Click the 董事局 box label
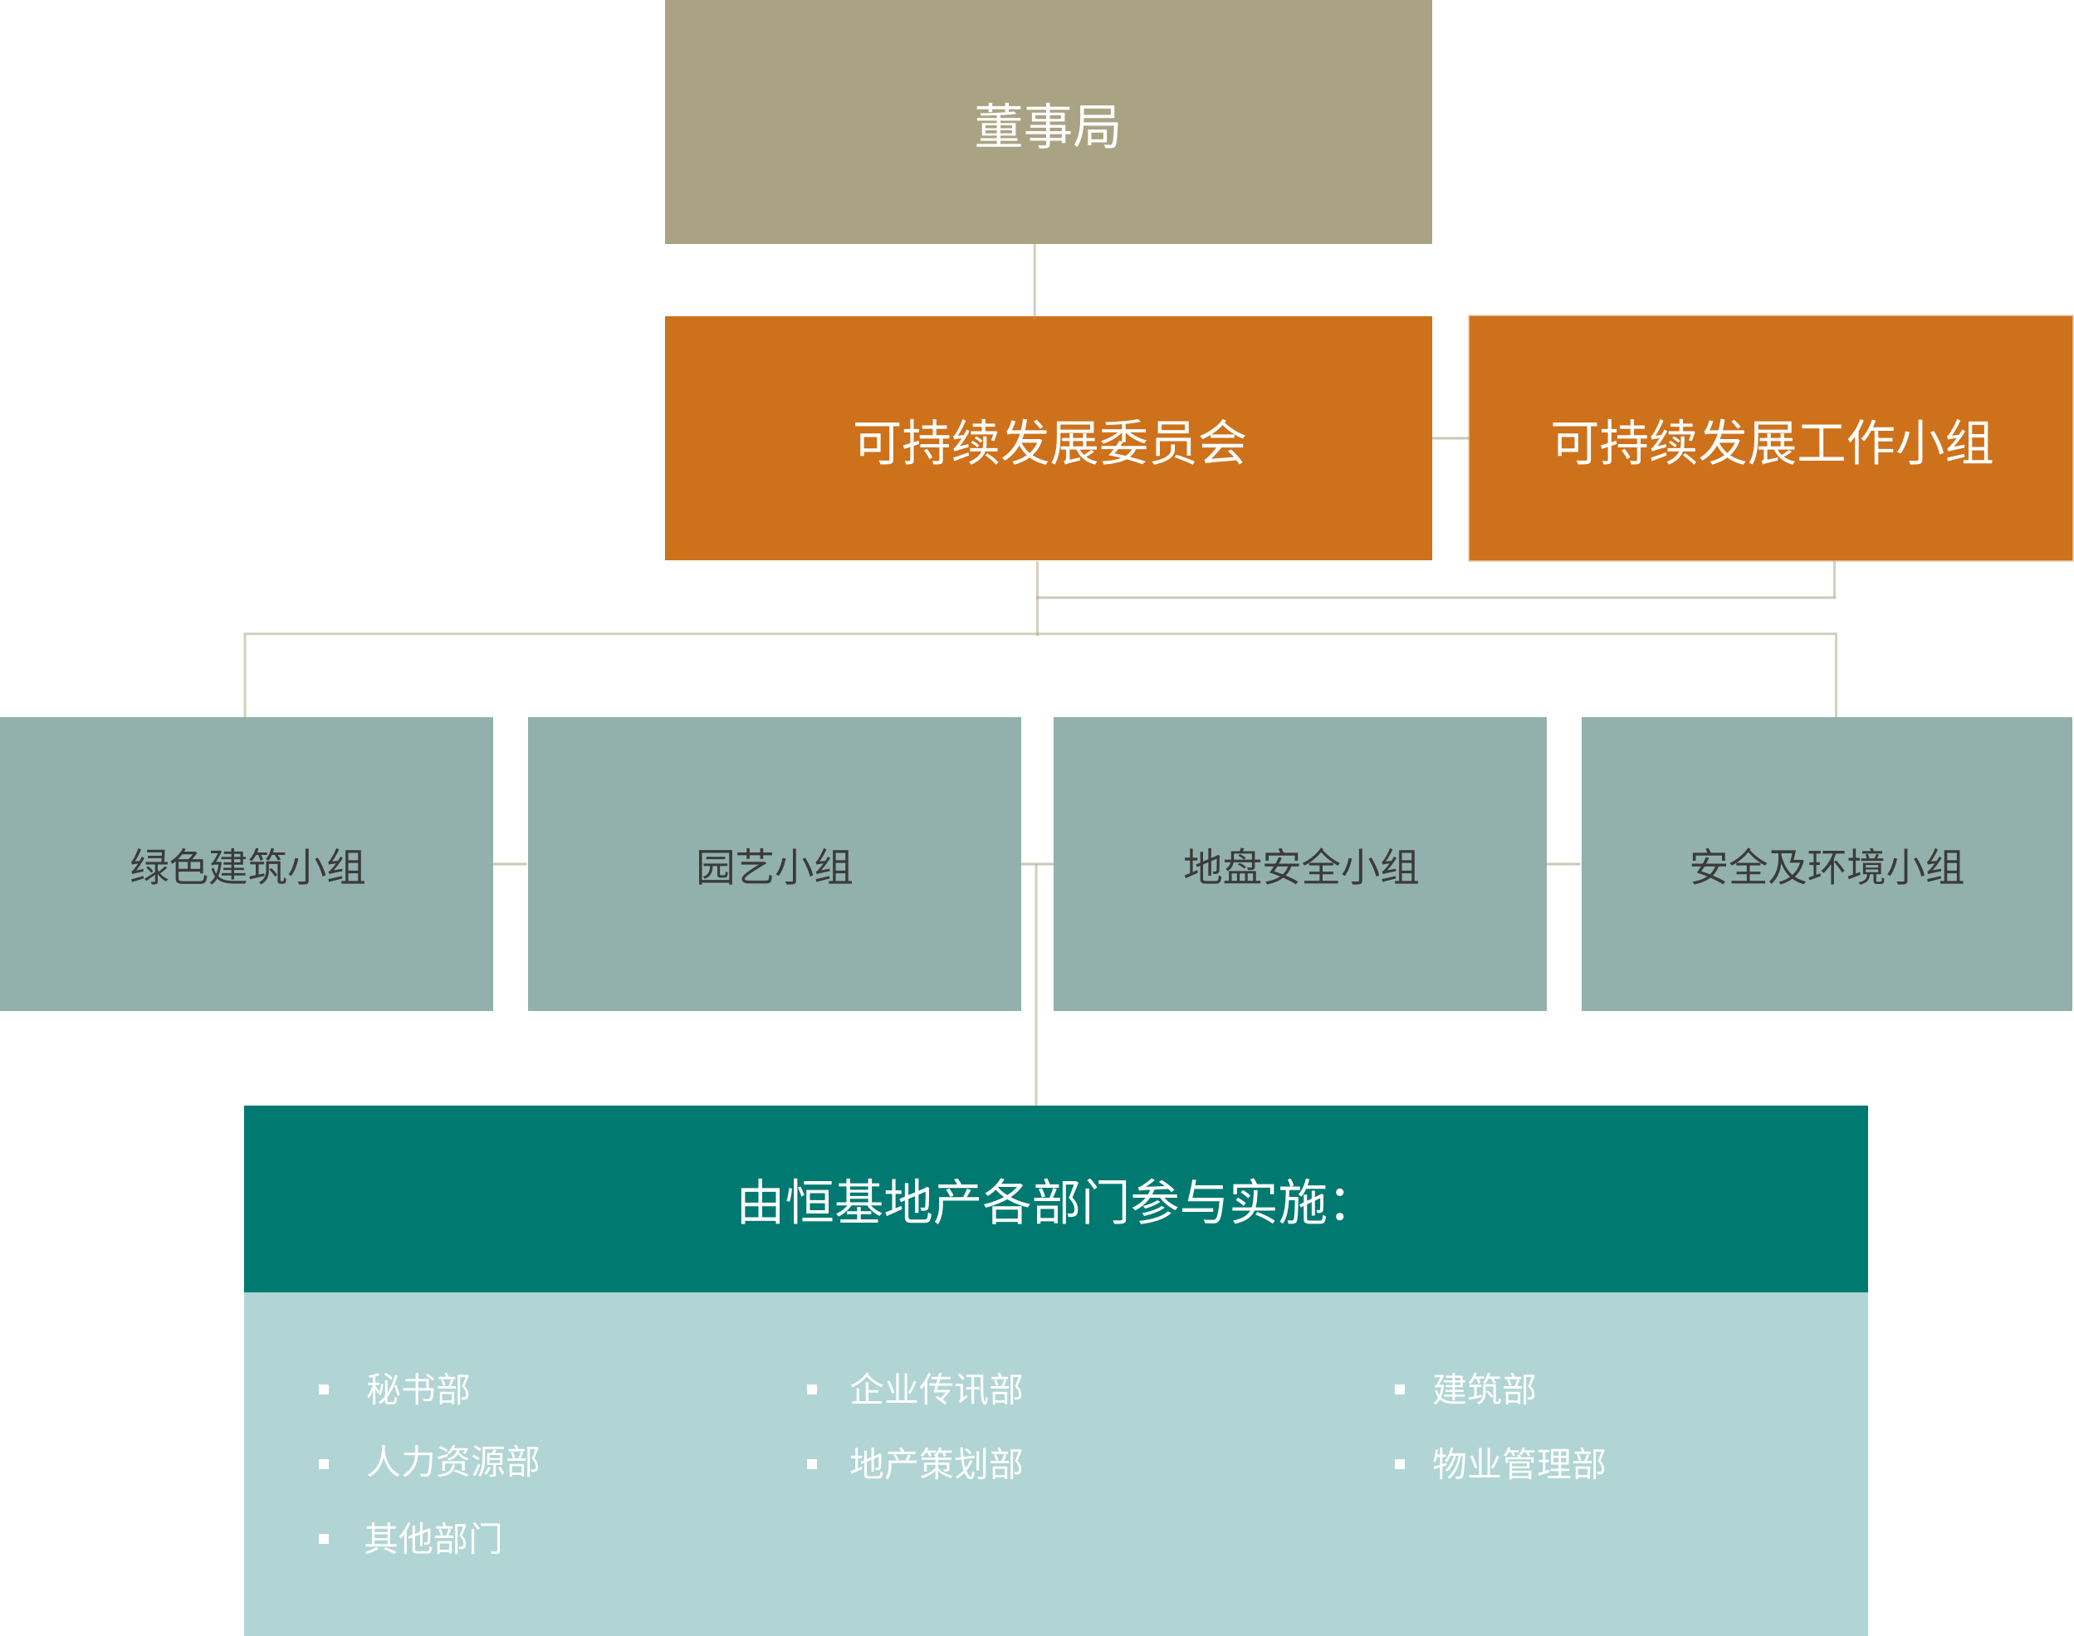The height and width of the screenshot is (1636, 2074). click(x=1047, y=126)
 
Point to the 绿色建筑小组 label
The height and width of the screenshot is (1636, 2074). click(x=247, y=867)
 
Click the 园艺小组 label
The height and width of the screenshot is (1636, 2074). click(x=774, y=867)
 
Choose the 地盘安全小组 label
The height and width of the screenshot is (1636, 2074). click(x=1300, y=867)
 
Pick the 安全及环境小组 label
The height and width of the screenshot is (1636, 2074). click(x=1826, y=867)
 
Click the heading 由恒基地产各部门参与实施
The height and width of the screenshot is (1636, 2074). click(x=1042, y=1202)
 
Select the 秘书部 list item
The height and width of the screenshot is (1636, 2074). click(x=418, y=1389)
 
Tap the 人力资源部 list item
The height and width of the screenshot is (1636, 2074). click(x=452, y=1462)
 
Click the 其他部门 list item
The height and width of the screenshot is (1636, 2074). click(x=433, y=1538)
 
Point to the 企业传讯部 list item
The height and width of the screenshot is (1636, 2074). click(x=936, y=1389)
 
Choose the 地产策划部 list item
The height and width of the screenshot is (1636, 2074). click(x=936, y=1463)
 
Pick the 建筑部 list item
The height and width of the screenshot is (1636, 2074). click(x=1484, y=1389)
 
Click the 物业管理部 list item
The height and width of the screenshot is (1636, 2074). click(x=1519, y=1463)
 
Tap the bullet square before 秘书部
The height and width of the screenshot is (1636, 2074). click(x=324, y=1389)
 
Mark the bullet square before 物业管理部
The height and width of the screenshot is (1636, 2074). click(x=1400, y=1464)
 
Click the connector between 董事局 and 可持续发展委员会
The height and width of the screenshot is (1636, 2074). click(x=1035, y=280)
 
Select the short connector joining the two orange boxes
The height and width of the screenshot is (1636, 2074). click(x=1450, y=439)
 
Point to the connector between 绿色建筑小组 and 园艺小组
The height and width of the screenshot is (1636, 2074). click(x=510, y=864)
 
